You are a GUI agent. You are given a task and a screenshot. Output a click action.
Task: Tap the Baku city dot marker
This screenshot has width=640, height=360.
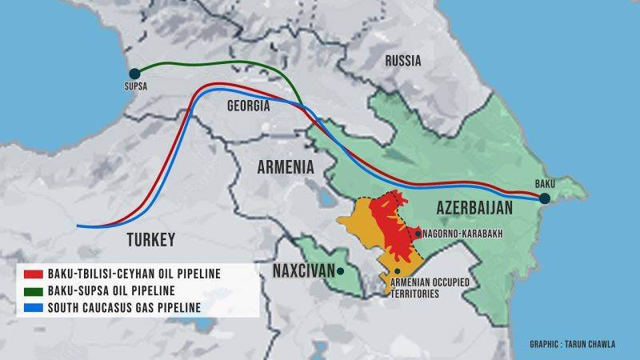pyautogui.click(x=544, y=198)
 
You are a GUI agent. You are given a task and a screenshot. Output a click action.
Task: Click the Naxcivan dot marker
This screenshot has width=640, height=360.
pyautogui.click(x=341, y=271)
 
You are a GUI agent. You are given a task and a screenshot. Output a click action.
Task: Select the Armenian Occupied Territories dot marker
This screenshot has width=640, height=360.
pyautogui.click(x=398, y=271)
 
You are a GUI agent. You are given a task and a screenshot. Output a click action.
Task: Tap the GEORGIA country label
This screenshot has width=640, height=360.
pyautogui.click(x=248, y=106)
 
